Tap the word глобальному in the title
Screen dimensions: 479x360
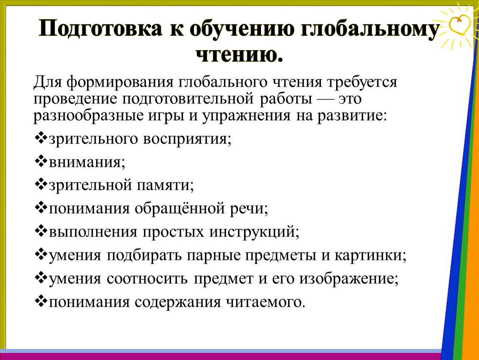(370, 29)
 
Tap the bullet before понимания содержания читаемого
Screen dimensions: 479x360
(41, 301)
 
